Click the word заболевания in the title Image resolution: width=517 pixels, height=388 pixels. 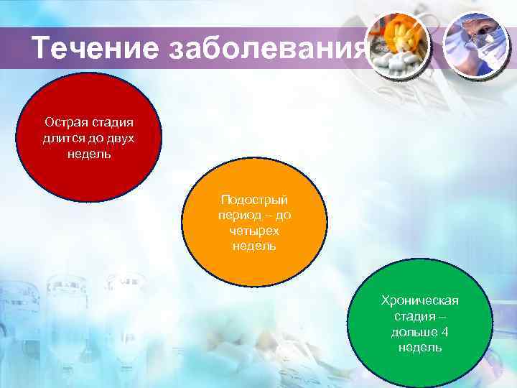click(269, 49)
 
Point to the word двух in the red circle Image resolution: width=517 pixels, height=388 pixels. click(120, 139)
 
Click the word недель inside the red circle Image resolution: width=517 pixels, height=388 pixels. click(90, 154)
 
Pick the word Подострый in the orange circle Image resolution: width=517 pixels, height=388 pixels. click(254, 200)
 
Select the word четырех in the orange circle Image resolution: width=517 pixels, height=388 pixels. click(254, 231)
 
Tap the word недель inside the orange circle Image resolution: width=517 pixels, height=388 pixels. click(254, 246)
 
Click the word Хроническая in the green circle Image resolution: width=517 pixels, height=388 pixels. click(420, 300)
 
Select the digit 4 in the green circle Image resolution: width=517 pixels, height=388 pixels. click(445, 332)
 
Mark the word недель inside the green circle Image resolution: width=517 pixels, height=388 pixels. click(420, 348)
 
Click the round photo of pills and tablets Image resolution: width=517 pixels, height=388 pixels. click(398, 45)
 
